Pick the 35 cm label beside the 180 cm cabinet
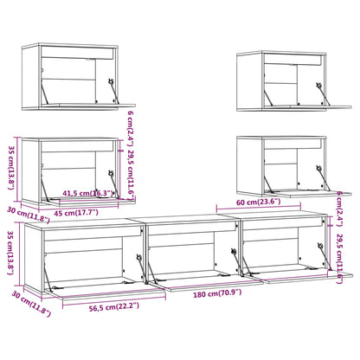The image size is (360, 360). (10, 252)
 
